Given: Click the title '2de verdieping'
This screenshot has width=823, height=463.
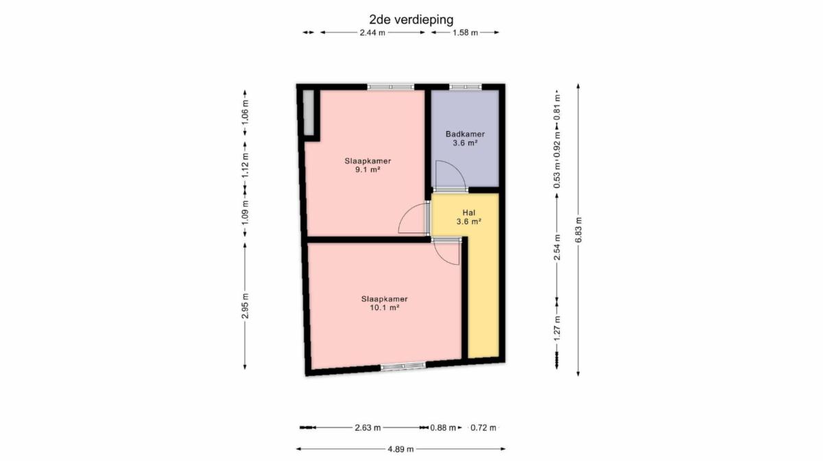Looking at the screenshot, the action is click(x=411, y=19).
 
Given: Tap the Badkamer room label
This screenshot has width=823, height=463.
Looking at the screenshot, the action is click(x=465, y=134).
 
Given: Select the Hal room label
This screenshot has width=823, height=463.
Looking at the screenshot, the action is click(x=469, y=213).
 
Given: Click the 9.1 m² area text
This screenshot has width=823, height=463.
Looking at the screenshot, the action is click(x=368, y=170).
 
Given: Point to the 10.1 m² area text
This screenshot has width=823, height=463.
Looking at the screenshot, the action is click(x=384, y=308).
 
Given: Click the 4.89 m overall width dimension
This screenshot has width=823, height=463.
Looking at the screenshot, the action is click(x=401, y=449).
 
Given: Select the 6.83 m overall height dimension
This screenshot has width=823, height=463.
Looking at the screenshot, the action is click(x=578, y=230).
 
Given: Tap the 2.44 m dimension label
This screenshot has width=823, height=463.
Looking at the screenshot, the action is click(x=372, y=33).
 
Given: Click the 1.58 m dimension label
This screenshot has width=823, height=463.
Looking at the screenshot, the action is click(x=465, y=33).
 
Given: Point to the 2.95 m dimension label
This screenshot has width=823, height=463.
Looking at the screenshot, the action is click(x=246, y=306).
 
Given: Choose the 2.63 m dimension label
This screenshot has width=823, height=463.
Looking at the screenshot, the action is click(x=368, y=428).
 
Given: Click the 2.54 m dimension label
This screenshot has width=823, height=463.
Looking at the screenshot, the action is click(x=557, y=248).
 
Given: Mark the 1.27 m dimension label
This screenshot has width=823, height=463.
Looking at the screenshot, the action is click(x=557, y=328).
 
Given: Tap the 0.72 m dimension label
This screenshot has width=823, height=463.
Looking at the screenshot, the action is click(x=483, y=428).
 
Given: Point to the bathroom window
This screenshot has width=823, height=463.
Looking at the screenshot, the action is click(x=466, y=87).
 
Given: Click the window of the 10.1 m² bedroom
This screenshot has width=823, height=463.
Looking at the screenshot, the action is click(x=403, y=366).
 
